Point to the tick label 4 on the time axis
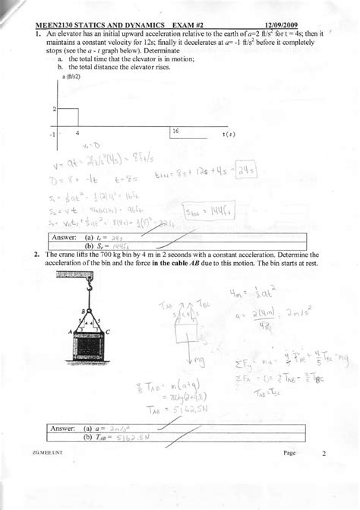[78, 132]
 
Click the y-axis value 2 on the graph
[53, 109]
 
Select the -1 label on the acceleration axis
[52, 133]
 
